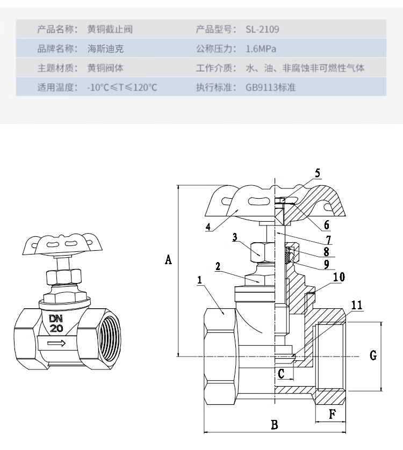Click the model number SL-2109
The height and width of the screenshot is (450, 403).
[262, 29]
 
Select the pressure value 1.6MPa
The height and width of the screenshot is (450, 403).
[261, 49]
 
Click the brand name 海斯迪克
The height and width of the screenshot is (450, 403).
[106, 49]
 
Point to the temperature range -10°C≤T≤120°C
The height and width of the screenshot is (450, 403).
[122, 86]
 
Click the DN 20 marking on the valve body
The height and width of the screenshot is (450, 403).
[56, 323]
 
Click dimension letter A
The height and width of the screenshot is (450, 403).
[168, 260]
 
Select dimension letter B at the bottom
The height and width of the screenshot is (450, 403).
[274, 425]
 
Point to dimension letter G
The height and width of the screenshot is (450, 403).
[373, 355]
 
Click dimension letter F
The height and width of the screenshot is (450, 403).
[332, 413]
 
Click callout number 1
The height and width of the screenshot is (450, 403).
[199, 280]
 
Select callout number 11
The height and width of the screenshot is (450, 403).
[356, 305]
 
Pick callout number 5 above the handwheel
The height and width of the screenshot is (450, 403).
[317, 173]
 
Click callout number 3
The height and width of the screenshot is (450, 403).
[235, 237]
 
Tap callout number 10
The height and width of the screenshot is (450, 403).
[339, 277]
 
